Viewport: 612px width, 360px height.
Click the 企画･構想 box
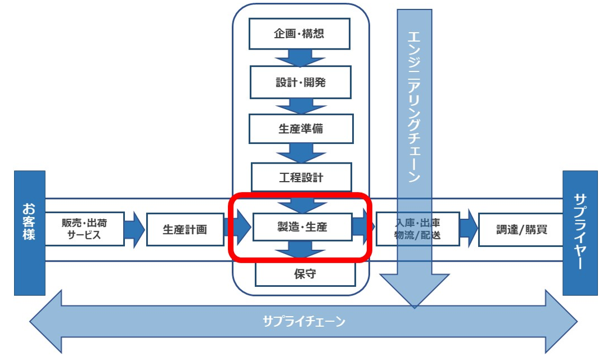[x=299, y=34]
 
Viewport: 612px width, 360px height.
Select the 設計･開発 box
[x=300, y=82]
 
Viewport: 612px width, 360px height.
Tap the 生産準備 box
[x=300, y=129]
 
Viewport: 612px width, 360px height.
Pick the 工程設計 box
[x=301, y=178]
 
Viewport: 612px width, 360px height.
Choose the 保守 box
[x=305, y=274]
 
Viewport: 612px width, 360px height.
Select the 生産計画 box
[x=185, y=229]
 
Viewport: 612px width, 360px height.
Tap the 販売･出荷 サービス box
[x=84, y=229]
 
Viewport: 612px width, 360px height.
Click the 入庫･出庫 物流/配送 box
[x=417, y=229]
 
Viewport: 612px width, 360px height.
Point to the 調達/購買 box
[x=521, y=229]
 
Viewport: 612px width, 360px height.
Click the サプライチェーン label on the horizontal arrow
[x=303, y=322]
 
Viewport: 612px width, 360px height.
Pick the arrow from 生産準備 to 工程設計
[x=300, y=153]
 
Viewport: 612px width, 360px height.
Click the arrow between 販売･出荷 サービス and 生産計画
[x=135, y=229]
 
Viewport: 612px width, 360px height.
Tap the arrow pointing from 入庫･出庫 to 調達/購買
[x=469, y=229]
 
